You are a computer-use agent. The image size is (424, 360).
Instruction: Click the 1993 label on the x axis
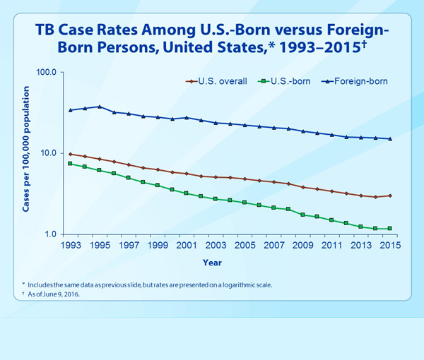pos(70,246)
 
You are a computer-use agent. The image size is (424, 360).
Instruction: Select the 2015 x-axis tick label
pos(389,246)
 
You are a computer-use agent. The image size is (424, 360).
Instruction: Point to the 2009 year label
pos(302,246)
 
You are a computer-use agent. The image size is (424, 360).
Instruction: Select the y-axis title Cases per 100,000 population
pos(26,153)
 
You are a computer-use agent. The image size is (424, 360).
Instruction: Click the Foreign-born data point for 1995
pos(99,107)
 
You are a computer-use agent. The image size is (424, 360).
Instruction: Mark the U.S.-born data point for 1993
pos(70,164)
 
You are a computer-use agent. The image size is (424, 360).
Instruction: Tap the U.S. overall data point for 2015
pos(389,196)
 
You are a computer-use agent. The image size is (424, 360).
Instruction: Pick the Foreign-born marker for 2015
pos(389,139)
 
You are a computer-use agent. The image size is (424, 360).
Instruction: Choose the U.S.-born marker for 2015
pos(389,229)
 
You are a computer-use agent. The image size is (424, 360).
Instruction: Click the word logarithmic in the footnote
pos(227,284)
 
